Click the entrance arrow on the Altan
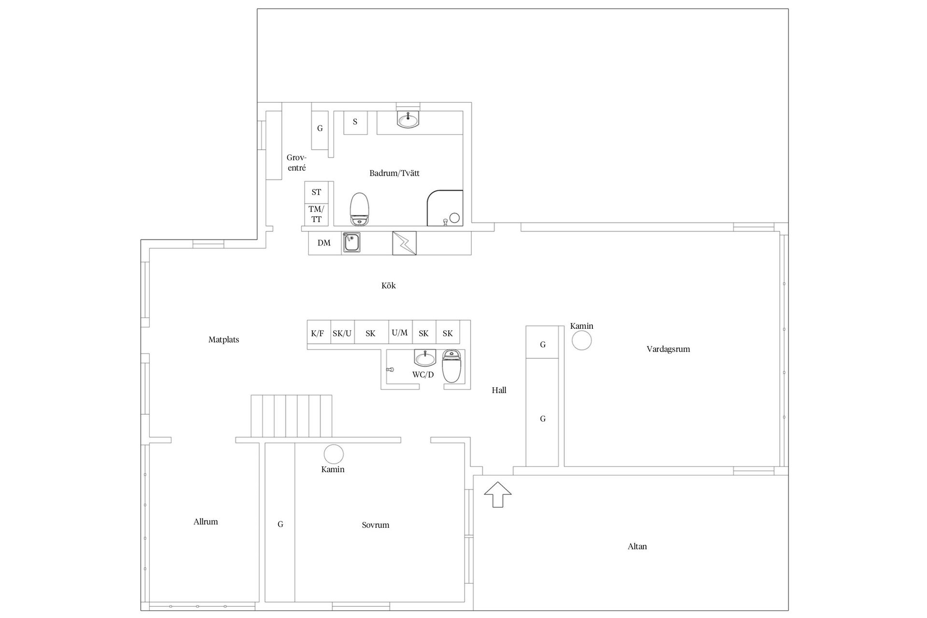pyautogui.click(x=497, y=494)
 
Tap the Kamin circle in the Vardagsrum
pyautogui.click(x=581, y=340)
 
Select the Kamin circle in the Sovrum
pyautogui.click(x=333, y=454)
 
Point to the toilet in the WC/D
pyautogui.click(x=452, y=366)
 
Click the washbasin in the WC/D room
pyautogui.click(x=425, y=358)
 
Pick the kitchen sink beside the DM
pyautogui.click(x=351, y=242)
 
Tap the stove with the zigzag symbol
pyautogui.click(x=404, y=243)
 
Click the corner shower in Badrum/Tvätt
pyautogui.click(x=445, y=208)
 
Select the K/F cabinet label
pyautogui.click(x=318, y=333)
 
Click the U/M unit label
pyautogui.click(x=400, y=333)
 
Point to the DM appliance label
pyautogui.click(x=324, y=243)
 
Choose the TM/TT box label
pyautogui.click(x=316, y=214)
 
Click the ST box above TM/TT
pyautogui.click(x=316, y=192)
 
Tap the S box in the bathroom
pyautogui.click(x=355, y=122)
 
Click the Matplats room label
pyautogui.click(x=224, y=339)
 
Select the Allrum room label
pyautogui.click(x=206, y=521)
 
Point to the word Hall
pyautogui.click(x=499, y=390)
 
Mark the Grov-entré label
pyautogui.click(x=296, y=163)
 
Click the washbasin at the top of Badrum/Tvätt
pyautogui.click(x=408, y=119)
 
